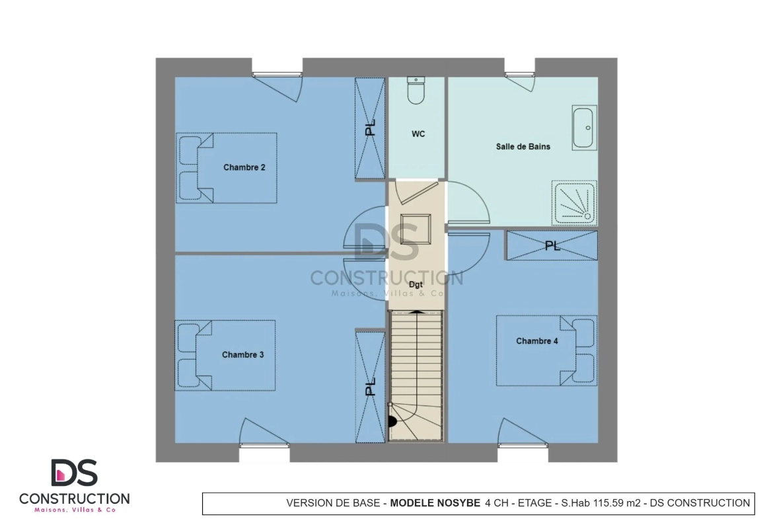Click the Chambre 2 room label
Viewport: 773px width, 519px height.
pos(244,167)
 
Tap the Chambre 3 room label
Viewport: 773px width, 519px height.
pos(242,355)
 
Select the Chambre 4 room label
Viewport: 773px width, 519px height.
pos(537,341)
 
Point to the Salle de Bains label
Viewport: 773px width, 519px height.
pos(523,147)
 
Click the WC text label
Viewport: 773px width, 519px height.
pos(418,134)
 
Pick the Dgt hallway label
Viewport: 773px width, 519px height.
pos(416,285)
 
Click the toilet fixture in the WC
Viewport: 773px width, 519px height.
pos(416,91)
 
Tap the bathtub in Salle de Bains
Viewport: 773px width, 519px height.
pos(584,128)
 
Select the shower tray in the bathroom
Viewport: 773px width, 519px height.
pos(574,203)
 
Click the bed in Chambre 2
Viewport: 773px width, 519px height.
pos(227,168)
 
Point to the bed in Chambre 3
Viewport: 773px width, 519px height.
pos(225,355)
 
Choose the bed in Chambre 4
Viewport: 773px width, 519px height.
pos(546,351)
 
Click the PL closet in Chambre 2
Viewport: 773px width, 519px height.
pos(370,128)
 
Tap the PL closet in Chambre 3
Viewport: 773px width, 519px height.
pos(370,387)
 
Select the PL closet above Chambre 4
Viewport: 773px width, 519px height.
pos(552,245)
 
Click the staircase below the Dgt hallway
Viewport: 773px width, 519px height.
pos(417,376)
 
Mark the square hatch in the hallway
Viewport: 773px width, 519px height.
pos(415,229)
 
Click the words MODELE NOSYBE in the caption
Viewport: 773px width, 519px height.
pos(435,503)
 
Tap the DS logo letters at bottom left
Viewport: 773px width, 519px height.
pos(75,473)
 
